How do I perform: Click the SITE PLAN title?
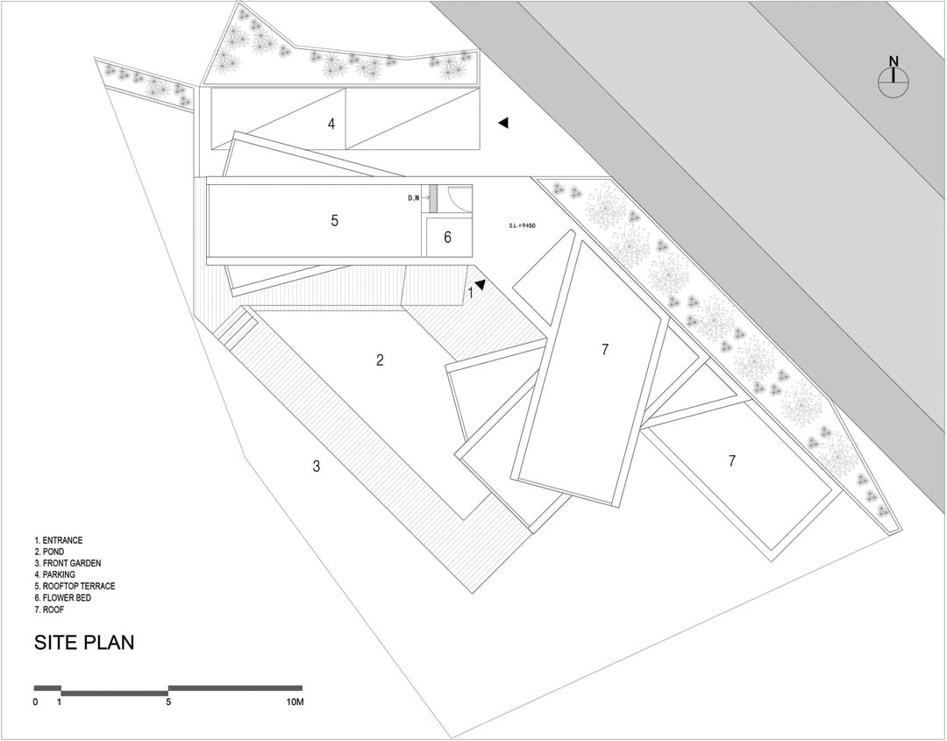tap(84, 642)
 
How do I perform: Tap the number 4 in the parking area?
tap(331, 124)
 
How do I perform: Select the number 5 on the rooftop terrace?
tap(335, 220)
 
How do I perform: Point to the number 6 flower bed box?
tap(447, 238)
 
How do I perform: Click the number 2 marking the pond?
tap(380, 360)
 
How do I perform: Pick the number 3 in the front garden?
tap(317, 467)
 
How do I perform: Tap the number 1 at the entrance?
tap(471, 293)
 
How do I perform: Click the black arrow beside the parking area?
tap(503, 123)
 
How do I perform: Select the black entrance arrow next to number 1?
tap(481, 284)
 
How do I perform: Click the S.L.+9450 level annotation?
tap(523, 226)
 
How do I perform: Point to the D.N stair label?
tap(414, 197)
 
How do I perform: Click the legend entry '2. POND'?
tap(49, 552)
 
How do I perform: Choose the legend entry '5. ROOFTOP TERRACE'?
tap(75, 587)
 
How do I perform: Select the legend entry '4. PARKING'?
tap(55, 575)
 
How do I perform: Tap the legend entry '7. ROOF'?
tap(49, 610)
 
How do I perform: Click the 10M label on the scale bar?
tap(295, 702)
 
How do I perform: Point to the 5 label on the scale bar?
tap(168, 702)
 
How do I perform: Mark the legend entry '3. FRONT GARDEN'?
tap(68, 564)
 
